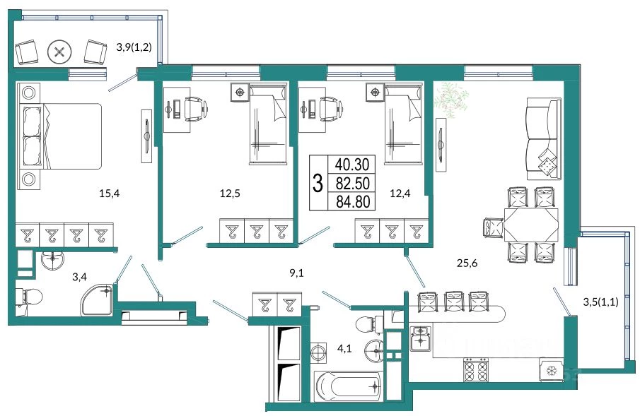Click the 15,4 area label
109,194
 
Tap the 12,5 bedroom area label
230,194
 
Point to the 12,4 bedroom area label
400,194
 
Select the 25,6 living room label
467,263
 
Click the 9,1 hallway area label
297,273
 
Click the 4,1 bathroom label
344,349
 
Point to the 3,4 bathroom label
79,278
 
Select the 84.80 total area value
352,201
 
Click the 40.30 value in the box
352,165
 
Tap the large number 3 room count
318,183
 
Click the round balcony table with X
59,52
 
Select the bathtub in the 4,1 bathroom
349,386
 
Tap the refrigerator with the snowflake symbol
552,370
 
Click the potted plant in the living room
451,99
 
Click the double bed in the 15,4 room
60,136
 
